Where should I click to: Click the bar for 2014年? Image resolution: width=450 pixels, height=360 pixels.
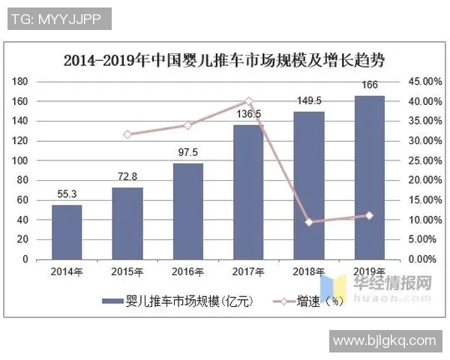(x=67, y=232)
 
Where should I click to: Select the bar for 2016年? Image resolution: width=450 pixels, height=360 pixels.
(x=187, y=211)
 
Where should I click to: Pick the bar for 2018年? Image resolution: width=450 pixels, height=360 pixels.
(x=308, y=185)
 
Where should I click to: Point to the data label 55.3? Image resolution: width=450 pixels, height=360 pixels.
(x=66, y=195)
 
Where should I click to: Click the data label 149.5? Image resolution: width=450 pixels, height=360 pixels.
(x=309, y=100)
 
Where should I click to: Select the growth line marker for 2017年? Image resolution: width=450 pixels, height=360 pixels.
(x=248, y=101)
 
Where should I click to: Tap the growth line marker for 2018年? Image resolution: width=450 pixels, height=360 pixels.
(x=308, y=222)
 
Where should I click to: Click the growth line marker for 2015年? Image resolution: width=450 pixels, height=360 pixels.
(x=127, y=134)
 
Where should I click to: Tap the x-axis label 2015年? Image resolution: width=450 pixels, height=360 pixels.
(x=127, y=271)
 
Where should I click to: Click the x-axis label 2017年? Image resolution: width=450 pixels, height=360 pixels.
(x=248, y=271)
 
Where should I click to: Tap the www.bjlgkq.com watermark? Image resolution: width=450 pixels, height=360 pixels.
(x=384, y=341)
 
